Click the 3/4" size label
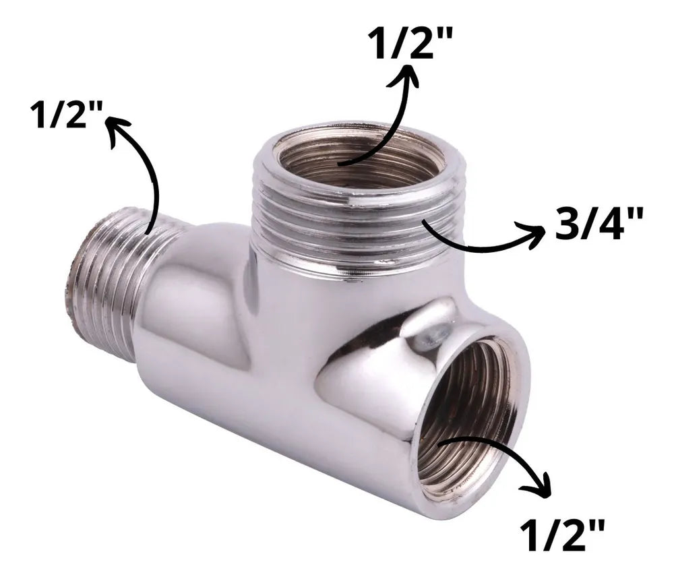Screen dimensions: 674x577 [x=599, y=223]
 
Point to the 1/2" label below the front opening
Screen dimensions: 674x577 [x=562, y=534]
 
